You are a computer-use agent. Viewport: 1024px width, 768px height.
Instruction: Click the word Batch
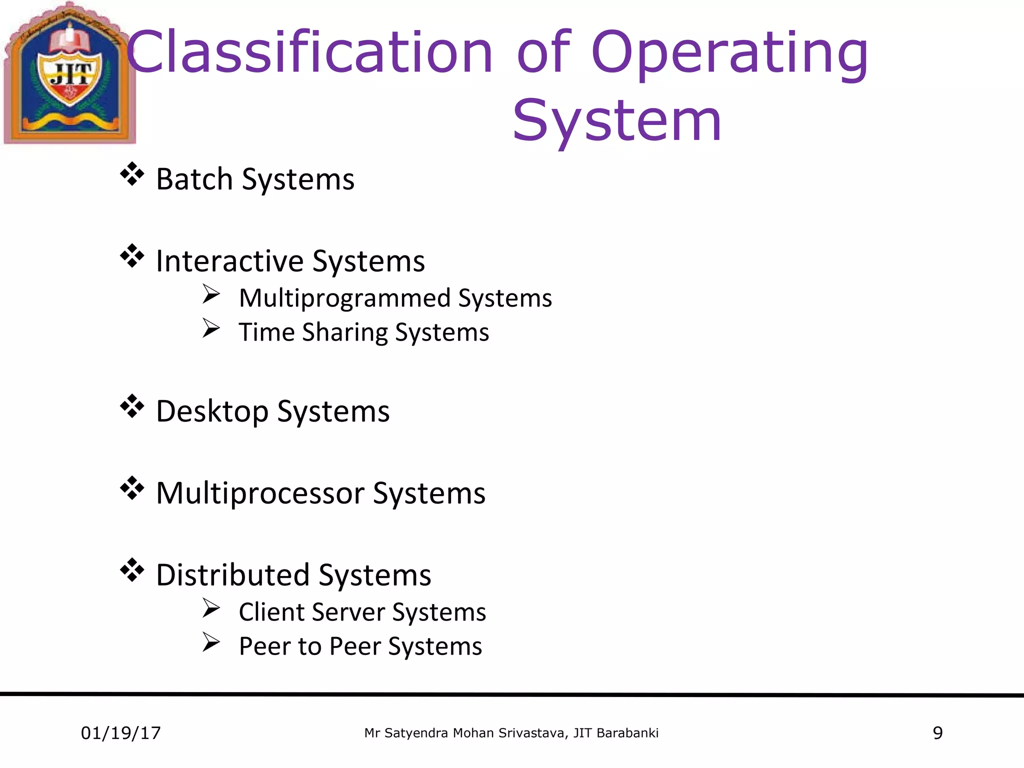pos(194,179)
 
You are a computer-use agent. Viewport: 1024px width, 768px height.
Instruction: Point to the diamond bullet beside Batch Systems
pos(132,174)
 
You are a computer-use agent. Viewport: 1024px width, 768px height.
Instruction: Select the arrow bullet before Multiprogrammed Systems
pos(211,294)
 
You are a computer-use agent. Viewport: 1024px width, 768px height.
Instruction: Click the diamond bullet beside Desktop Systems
pos(132,406)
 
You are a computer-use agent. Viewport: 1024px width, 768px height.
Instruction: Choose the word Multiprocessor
pos(260,493)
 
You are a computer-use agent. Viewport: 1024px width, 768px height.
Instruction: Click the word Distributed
pos(232,575)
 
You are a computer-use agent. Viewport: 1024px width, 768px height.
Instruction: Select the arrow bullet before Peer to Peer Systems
pos(211,642)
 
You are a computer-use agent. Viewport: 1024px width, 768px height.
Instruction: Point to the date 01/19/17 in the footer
pos(120,733)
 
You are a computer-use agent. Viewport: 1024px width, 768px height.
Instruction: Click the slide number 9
pos(937,733)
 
